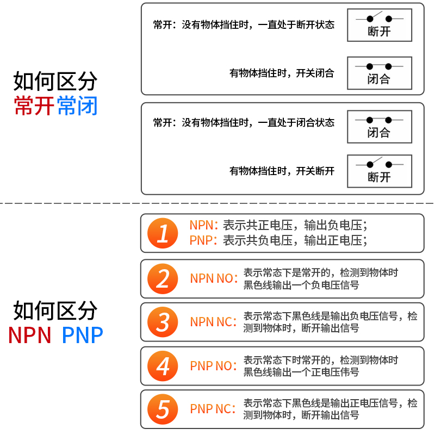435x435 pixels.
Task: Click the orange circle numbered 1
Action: click(x=163, y=233)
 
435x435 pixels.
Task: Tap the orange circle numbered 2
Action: click(x=163, y=279)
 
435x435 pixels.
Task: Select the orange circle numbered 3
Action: click(x=163, y=322)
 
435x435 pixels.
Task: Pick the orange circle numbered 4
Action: click(x=163, y=366)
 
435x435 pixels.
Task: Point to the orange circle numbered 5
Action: click(x=163, y=409)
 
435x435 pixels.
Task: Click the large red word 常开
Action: click(x=34, y=105)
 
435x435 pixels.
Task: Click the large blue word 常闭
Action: click(x=77, y=105)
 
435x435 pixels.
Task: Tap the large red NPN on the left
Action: click(x=30, y=335)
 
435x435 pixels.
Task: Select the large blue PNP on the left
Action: click(x=82, y=335)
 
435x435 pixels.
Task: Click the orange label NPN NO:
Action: click(x=214, y=279)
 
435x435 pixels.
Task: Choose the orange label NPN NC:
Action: click(x=213, y=322)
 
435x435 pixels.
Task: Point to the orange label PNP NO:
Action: click(x=213, y=366)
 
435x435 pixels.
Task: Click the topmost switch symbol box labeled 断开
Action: click(x=380, y=25)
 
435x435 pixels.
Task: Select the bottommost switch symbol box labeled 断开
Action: click(x=380, y=171)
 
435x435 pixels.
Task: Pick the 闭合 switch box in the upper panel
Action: click(x=380, y=73)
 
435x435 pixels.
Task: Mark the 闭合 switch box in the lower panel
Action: click(x=380, y=127)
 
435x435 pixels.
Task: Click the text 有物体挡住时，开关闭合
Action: click(x=282, y=73)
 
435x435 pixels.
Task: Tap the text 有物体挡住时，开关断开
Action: click(x=282, y=171)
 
